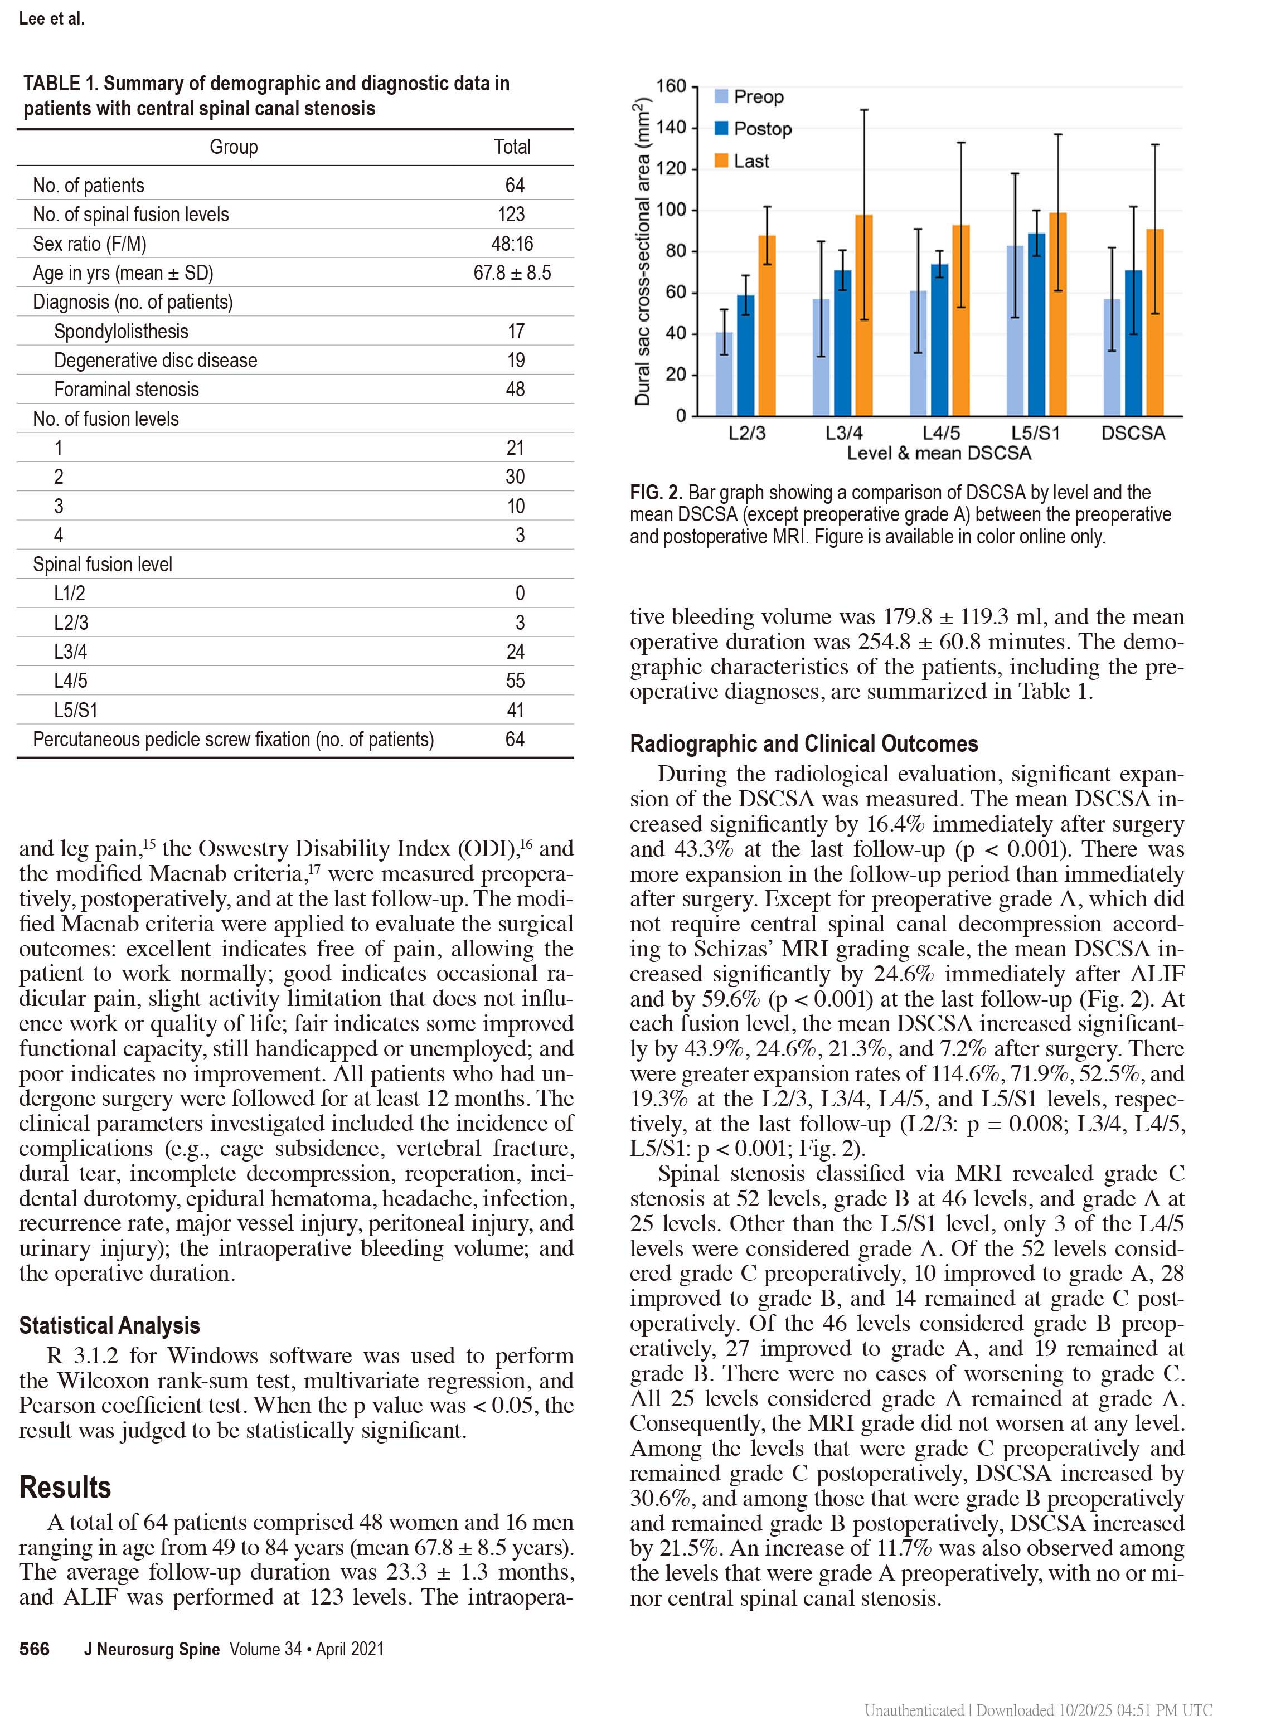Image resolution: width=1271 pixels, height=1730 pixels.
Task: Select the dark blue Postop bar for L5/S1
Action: click(1036, 324)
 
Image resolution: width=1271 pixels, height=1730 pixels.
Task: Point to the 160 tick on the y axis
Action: click(670, 86)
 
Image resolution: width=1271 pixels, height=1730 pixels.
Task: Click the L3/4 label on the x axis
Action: click(844, 433)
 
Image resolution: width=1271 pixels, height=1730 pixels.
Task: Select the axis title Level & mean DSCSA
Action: click(939, 453)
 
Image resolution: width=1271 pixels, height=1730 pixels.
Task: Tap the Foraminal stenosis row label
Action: click(126, 389)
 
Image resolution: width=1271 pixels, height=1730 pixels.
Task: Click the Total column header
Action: click(512, 147)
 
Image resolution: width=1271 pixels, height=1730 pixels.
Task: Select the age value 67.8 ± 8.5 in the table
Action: click(512, 273)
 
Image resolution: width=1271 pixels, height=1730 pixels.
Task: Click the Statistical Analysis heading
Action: click(109, 1325)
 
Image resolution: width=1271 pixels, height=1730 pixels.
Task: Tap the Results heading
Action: click(65, 1488)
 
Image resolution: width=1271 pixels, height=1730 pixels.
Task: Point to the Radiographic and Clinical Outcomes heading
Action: click(803, 744)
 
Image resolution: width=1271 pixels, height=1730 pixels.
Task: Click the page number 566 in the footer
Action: click(35, 1649)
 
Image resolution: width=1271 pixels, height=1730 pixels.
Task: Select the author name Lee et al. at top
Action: click(51, 18)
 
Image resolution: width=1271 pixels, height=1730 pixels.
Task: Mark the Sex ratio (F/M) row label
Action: click(89, 244)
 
